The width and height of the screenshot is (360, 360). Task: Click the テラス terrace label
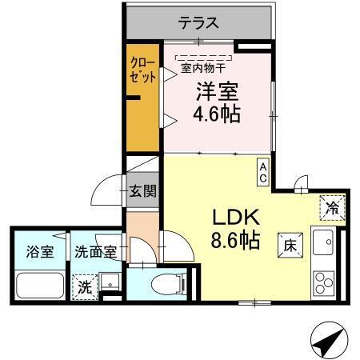199,22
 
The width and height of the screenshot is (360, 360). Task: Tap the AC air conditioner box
262,170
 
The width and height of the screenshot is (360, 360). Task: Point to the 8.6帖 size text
235,239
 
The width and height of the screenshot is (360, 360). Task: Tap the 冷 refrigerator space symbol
332,208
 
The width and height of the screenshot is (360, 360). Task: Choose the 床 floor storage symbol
289,246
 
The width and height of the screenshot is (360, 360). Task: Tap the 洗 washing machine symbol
83,286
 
